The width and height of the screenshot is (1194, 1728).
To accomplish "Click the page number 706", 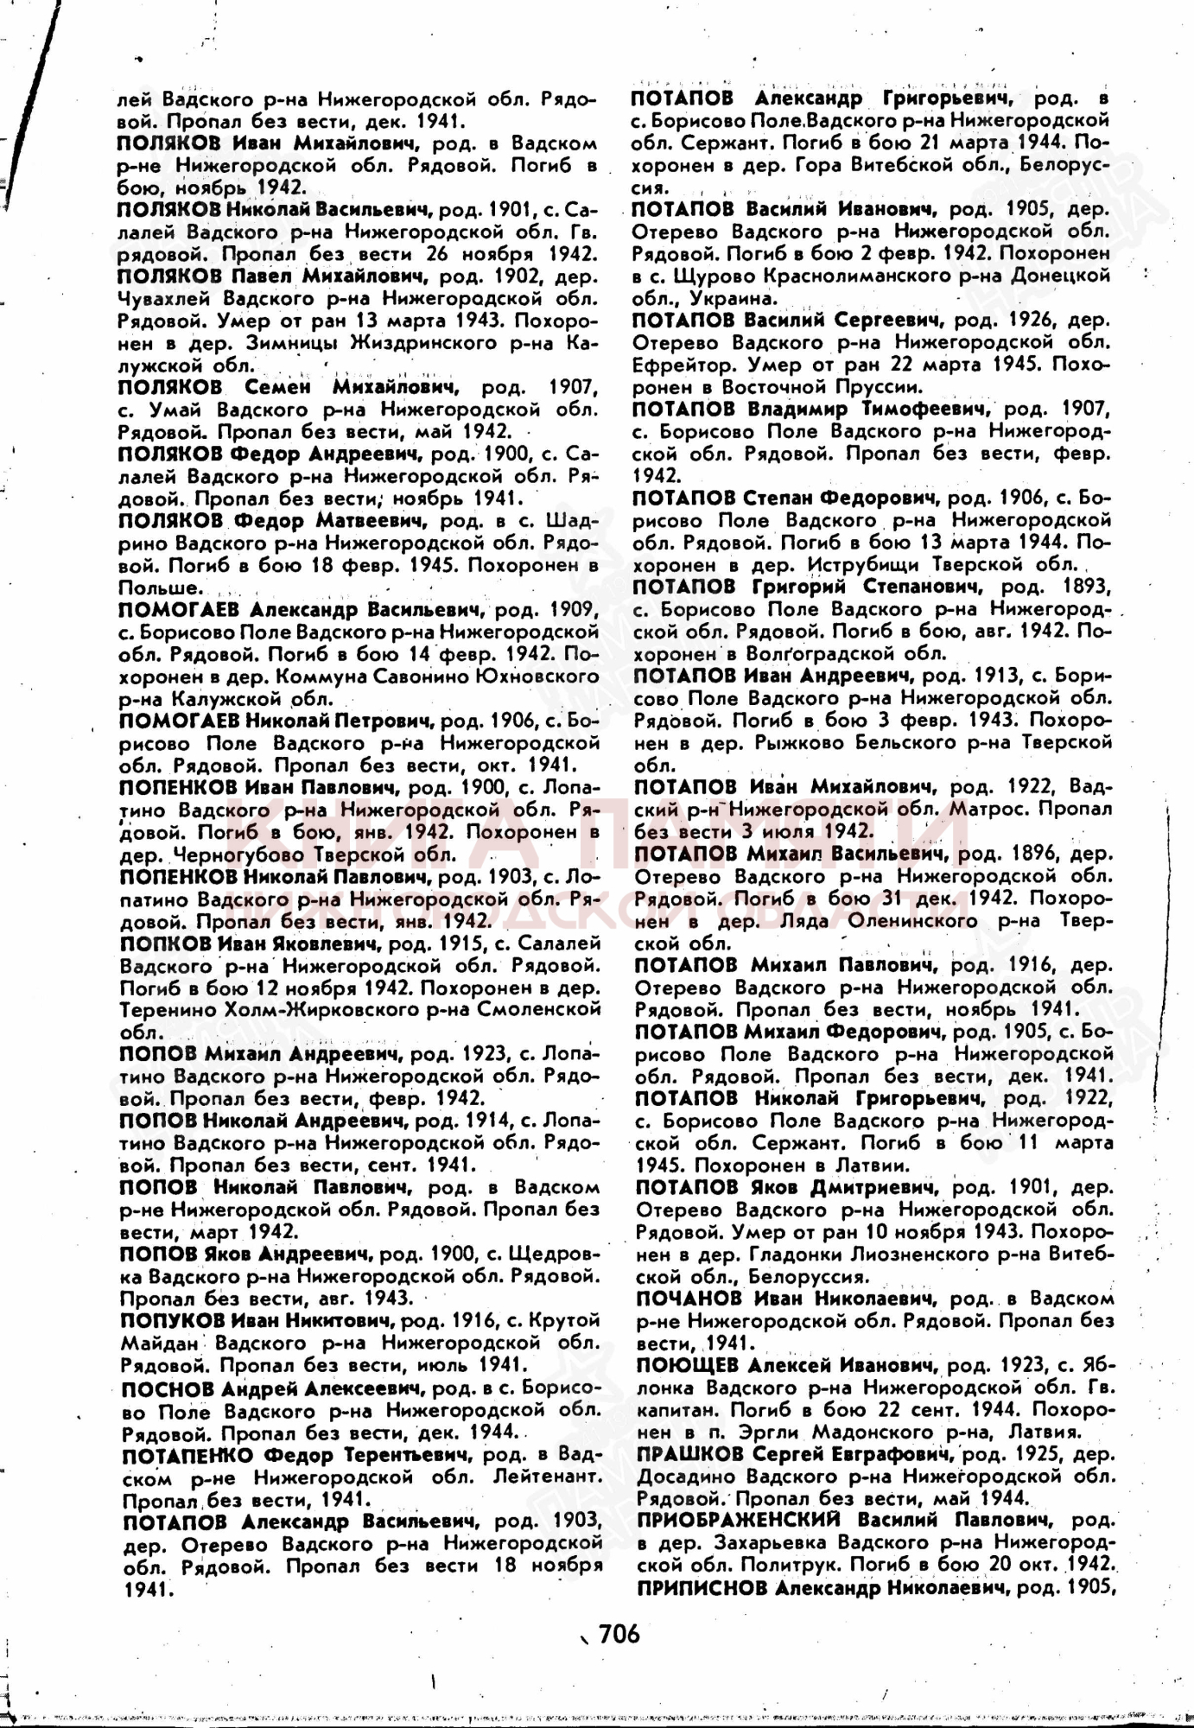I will click(x=619, y=1632).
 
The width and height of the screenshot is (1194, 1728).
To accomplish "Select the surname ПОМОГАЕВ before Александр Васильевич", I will click(x=178, y=609).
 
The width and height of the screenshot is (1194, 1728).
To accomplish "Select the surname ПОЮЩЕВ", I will click(x=687, y=1365).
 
